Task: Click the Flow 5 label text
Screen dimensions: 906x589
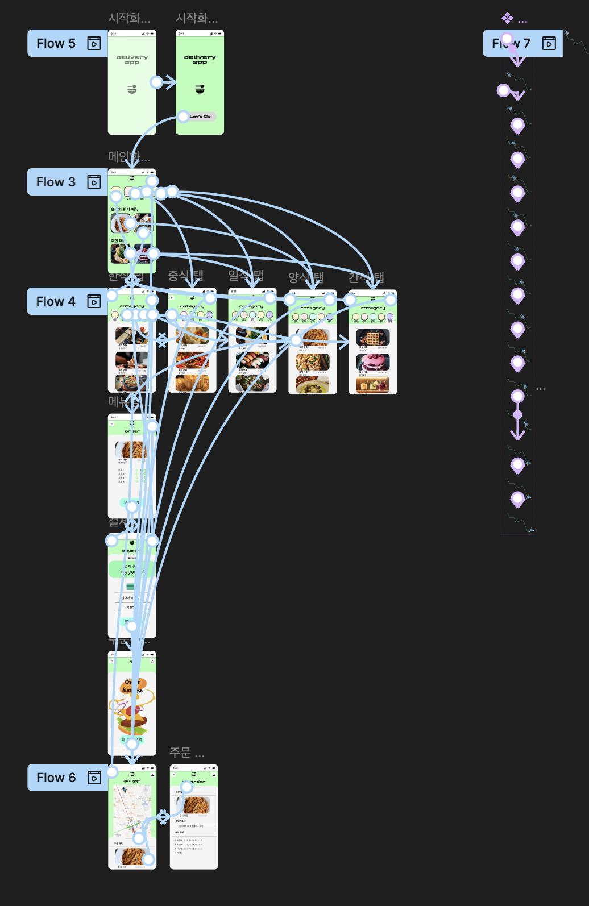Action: tap(56, 43)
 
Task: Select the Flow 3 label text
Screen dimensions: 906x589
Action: tap(56, 182)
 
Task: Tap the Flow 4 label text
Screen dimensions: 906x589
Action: tap(56, 301)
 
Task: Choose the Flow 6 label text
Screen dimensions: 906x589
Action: tap(56, 778)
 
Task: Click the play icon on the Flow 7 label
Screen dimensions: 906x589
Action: tap(549, 43)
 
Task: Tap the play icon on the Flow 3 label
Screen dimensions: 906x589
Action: tap(94, 182)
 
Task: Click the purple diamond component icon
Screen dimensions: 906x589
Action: tap(507, 18)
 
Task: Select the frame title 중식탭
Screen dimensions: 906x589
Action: tap(185, 276)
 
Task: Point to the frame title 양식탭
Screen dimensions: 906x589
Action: tap(306, 277)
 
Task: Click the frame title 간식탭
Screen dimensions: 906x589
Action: tap(366, 277)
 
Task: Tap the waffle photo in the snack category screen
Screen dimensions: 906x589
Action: tap(373, 338)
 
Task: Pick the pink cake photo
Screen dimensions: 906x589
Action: tap(373, 362)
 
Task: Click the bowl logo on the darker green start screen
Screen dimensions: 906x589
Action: tap(200, 89)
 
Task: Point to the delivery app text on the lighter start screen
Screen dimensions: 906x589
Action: tap(132, 60)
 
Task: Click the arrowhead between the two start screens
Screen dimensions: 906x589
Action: tap(169, 82)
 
